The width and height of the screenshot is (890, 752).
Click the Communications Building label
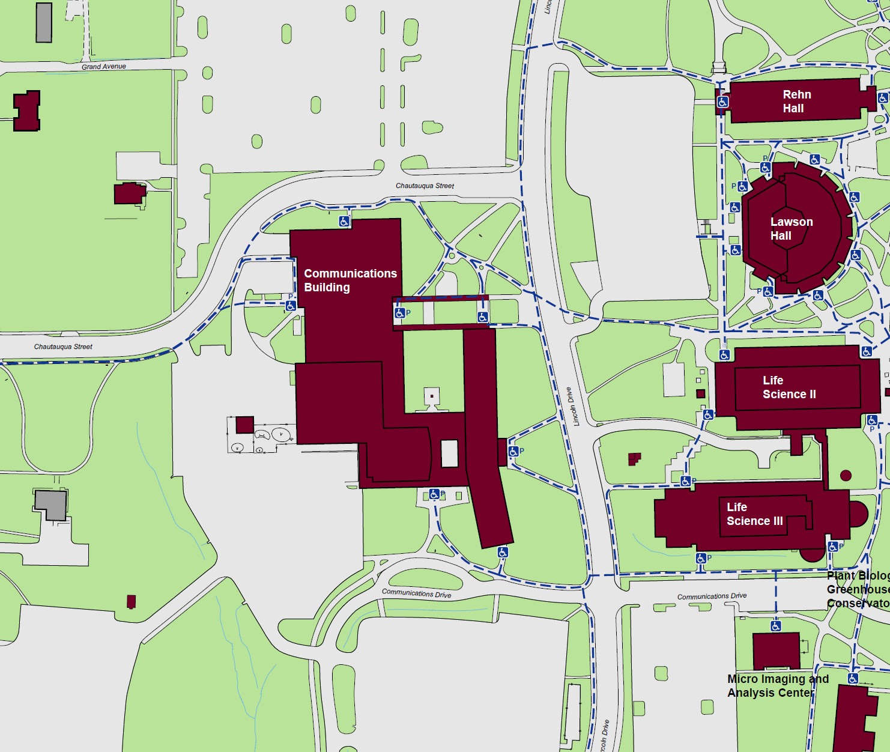[x=350, y=280]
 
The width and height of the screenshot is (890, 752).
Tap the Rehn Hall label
[x=796, y=102]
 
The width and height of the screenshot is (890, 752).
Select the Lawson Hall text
[x=791, y=229]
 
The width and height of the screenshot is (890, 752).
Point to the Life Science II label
[x=789, y=387]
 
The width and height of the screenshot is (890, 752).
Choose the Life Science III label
[x=754, y=514]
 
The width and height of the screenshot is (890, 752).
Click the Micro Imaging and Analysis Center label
[x=777, y=686]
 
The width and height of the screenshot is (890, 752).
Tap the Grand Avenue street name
[x=104, y=67]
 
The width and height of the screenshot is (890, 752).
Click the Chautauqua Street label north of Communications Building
[x=425, y=186]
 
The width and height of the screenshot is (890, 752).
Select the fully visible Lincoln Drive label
[x=574, y=407]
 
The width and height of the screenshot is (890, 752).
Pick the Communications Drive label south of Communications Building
[x=416, y=593]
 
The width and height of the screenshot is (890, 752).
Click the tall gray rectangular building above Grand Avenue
[x=44, y=23]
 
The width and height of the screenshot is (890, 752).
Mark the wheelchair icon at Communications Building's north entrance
[x=344, y=222]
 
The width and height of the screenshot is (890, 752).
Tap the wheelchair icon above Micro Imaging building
[x=776, y=626]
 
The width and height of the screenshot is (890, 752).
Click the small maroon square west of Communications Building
[x=244, y=425]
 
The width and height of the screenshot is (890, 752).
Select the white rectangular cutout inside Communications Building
[x=449, y=453]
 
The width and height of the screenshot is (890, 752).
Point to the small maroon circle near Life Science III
[x=846, y=476]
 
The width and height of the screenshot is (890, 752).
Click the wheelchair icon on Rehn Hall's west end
[x=722, y=102]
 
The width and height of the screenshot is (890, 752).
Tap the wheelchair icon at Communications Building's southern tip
[x=503, y=552]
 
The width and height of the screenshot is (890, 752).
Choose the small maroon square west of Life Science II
[x=700, y=394]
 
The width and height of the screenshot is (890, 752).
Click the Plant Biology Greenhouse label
[x=858, y=589]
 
